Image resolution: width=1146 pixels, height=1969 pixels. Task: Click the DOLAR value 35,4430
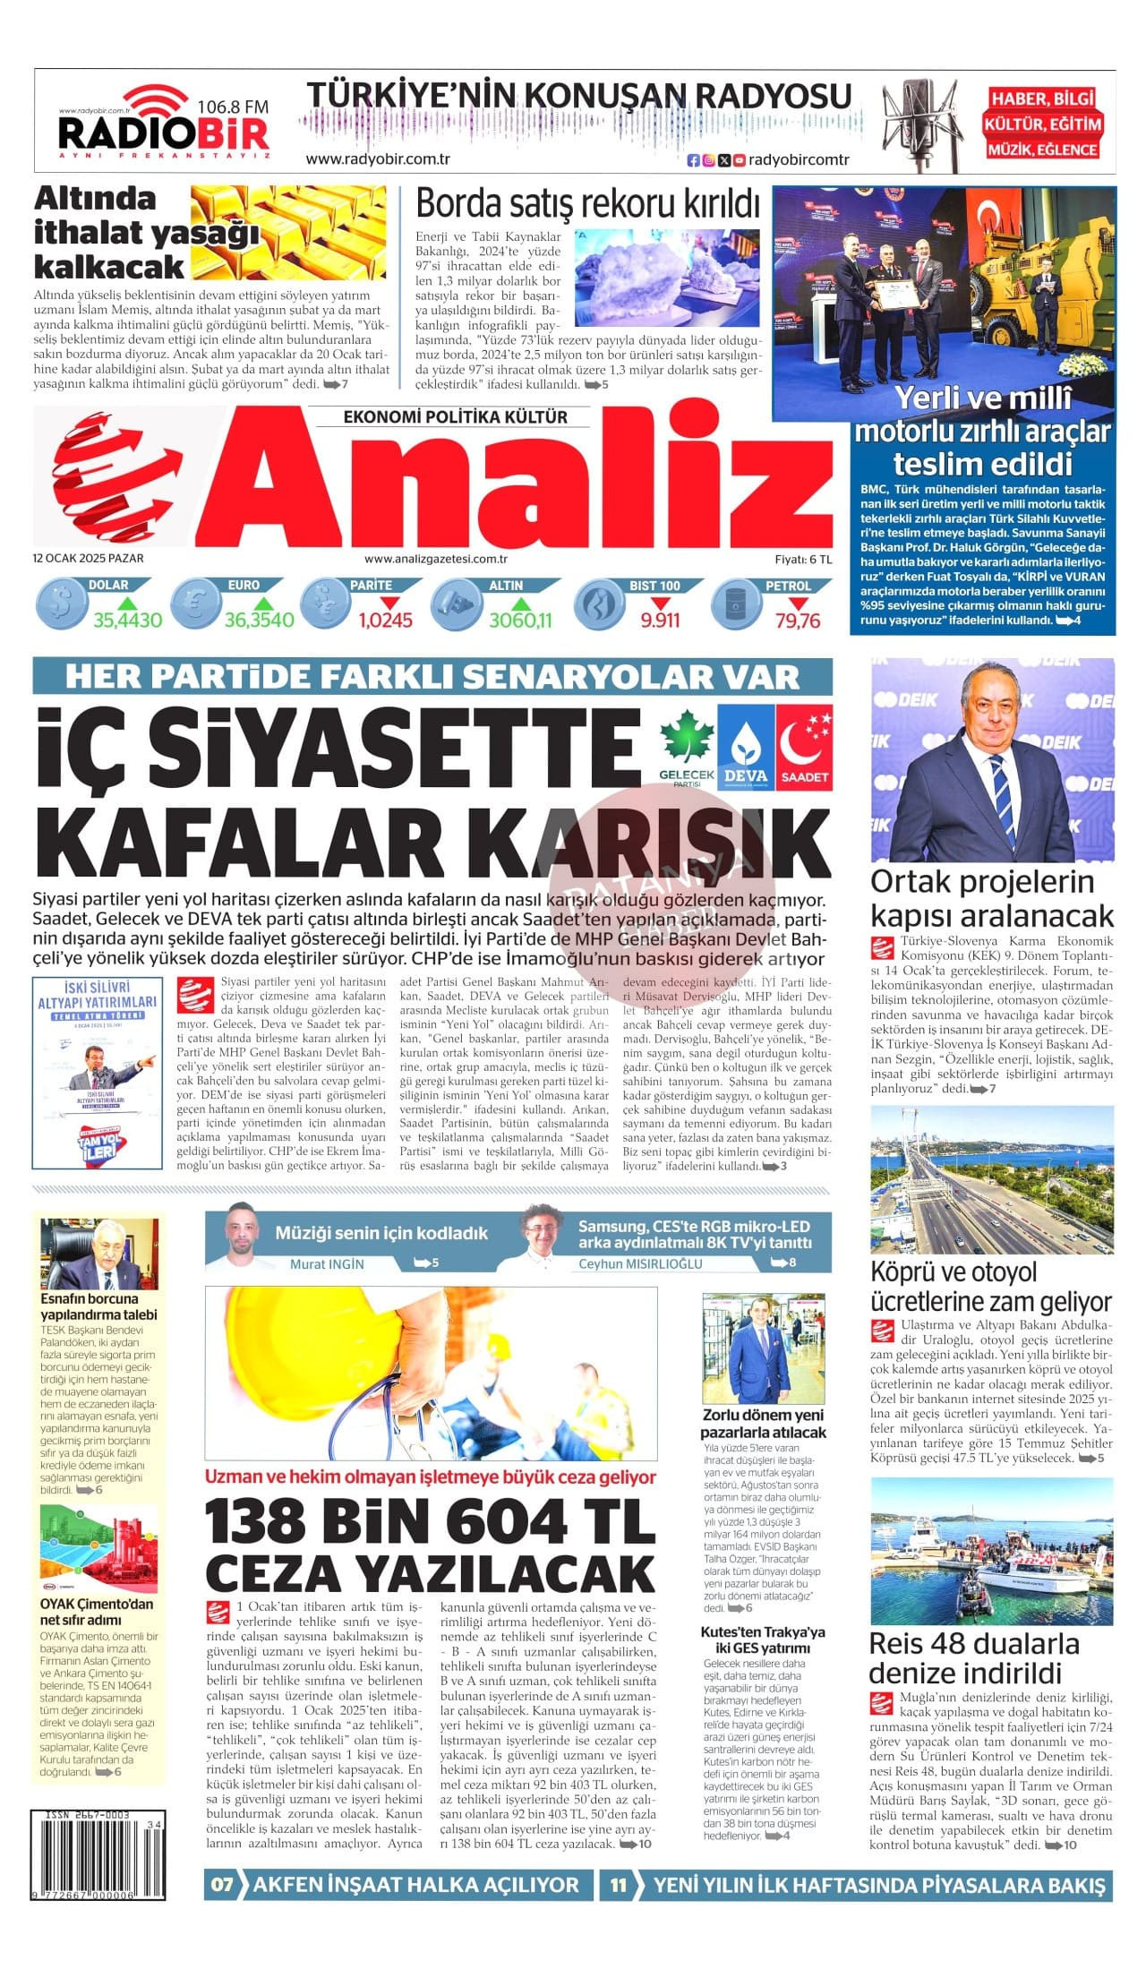pos(128,620)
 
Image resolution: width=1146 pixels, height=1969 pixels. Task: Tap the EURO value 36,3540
pos(259,620)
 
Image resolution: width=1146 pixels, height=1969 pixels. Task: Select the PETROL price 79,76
pos(798,620)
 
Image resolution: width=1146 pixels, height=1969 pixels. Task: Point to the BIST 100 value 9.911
pos(660,620)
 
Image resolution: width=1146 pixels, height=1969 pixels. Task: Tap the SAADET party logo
pos(804,746)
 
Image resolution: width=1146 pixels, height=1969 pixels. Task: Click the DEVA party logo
pos(745,746)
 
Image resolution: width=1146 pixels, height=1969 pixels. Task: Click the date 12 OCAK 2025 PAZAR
pos(89,558)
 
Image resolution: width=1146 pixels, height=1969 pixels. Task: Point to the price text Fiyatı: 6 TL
pos(803,559)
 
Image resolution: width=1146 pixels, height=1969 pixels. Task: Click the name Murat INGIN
pos(327,1264)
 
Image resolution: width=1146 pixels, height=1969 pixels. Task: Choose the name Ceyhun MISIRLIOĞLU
pos(640,1264)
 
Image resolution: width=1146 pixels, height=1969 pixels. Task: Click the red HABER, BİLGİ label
pos(1043,99)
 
